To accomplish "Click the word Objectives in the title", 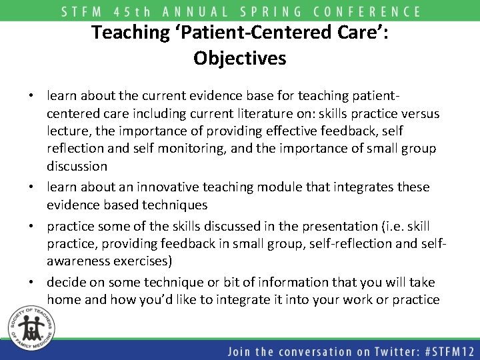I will (240, 58).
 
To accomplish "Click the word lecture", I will (70, 131).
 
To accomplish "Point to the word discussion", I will (77, 165).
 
